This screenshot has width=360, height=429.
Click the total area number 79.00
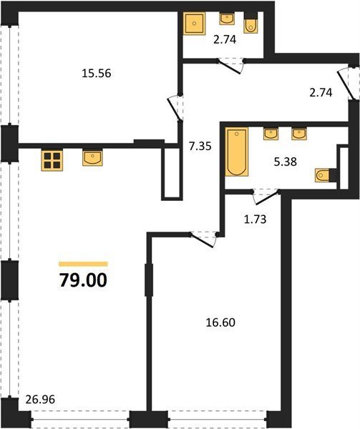click(x=83, y=280)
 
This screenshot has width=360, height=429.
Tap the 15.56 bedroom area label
click(x=97, y=74)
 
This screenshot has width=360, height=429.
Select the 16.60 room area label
click(x=220, y=322)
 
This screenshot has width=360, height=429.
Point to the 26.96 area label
click(x=40, y=399)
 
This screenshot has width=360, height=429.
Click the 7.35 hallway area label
click(x=200, y=146)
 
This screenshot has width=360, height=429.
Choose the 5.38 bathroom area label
click(x=286, y=162)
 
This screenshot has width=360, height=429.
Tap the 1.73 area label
click(x=255, y=220)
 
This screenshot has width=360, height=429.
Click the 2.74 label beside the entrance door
click(x=321, y=93)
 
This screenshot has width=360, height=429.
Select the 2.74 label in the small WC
click(x=225, y=40)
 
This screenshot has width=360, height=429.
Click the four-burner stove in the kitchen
click(x=52, y=161)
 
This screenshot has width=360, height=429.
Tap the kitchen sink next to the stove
click(x=92, y=158)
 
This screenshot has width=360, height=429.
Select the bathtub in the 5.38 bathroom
click(x=237, y=152)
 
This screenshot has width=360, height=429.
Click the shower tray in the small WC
click(x=195, y=24)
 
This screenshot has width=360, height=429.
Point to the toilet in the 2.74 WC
click(x=250, y=23)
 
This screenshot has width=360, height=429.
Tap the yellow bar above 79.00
click(x=83, y=264)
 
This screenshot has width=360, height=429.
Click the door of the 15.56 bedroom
click(x=174, y=107)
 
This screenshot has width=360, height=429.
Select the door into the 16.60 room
click(x=203, y=240)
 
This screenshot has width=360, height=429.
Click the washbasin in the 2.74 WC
click(x=227, y=19)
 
